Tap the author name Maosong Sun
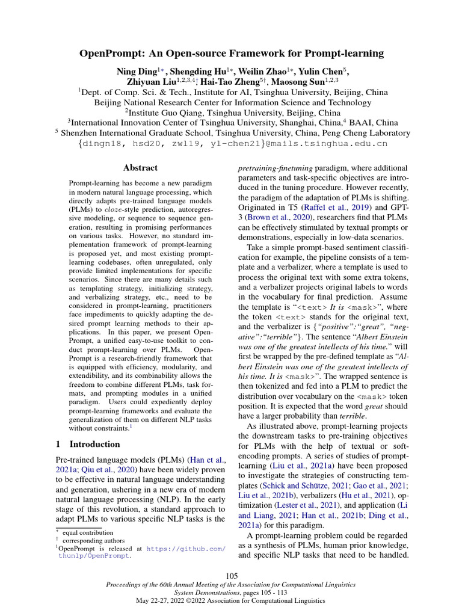pyautogui.click(x=303, y=81)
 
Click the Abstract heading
pyautogui.click(x=140, y=168)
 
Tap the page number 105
pyautogui.click(x=232, y=576)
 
